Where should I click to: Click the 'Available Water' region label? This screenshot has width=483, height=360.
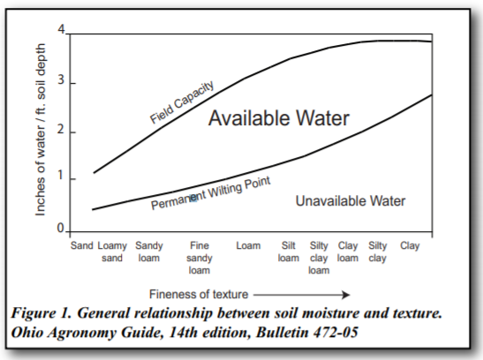pyautogui.click(x=279, y=119)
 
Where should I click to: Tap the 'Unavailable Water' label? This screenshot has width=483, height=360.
pyautogui.click(x=350, y=201)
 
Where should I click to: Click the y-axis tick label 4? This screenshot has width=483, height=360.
pyautogui.click(x=61, y=31)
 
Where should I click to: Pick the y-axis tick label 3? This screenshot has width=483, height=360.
pyautogui.click(x=61, y=83)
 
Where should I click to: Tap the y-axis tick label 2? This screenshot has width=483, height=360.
pyautogui.click(x=61, y=131)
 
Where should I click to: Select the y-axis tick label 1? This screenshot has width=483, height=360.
pyautogui.click(x=61, y=179)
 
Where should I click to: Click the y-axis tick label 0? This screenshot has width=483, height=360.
pyautogui.click(x=61, y=229)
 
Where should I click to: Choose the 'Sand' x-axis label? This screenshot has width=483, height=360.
pyautogui.click(x=82, y=245)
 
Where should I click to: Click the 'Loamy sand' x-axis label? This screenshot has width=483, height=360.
pyautogui.click(x=112, y=251)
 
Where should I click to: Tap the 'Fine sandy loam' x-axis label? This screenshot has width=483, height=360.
pyautogui.click(x=199, y=258)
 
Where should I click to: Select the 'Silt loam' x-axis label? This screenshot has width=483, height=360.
pyautogui.click(x=289, y=251)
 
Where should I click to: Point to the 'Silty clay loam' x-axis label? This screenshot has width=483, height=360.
pyautogui.click(x=319, y=258)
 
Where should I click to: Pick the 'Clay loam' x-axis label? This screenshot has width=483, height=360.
pyautogui.click(x=348, y=251)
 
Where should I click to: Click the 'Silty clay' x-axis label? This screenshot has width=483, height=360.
pyautogui.click(x=377, y=251)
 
